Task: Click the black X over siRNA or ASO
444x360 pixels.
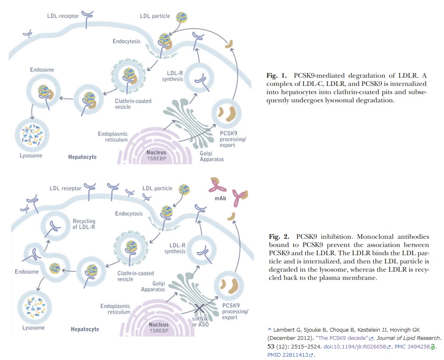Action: [x=200, y=308]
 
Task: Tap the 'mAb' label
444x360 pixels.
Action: [x=220, y=198]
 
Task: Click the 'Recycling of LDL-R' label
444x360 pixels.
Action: [x=84, y=224]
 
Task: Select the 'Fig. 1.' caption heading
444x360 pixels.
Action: [x=276, y=76]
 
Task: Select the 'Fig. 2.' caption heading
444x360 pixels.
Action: [x=279, y=237]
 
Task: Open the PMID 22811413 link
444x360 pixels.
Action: [x=288, y=355]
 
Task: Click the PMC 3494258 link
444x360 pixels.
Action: [x=412, y=347]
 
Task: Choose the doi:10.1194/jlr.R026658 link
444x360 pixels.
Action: [x=355, y=347]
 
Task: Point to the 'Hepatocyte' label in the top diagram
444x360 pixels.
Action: [x=82, y=157]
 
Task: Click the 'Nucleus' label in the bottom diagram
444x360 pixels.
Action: [x=159, y=325]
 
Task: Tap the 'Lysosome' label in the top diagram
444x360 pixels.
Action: [x=31, y=156]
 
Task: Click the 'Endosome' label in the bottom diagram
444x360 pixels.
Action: [x=27, y=272]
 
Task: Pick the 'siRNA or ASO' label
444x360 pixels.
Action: [x=200, y=321]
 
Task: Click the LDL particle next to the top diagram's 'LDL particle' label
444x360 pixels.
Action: [x=182, y=17]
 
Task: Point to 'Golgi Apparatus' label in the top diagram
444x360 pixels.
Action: [x=212, y=156]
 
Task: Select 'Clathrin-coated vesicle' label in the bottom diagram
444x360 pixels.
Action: [x=136, y=276]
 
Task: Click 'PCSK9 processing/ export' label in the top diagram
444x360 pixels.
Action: [x=233, y=139]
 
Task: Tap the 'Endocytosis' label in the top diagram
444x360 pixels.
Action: [x=126, y=42]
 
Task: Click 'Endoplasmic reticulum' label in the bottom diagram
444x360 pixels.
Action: [x=115, y=309]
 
